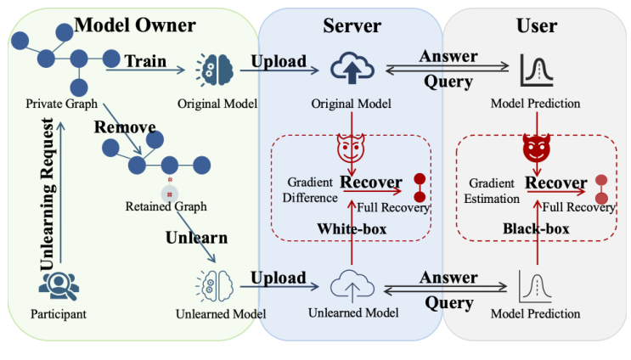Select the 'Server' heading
tap(352, 25)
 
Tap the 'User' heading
tap(537, 25)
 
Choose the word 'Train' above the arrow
tap(145, 61)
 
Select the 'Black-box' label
tap(536, 229)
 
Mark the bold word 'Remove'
tap(125, 127)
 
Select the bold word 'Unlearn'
tap(196, 237)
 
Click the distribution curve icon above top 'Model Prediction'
tap(537, 70)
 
